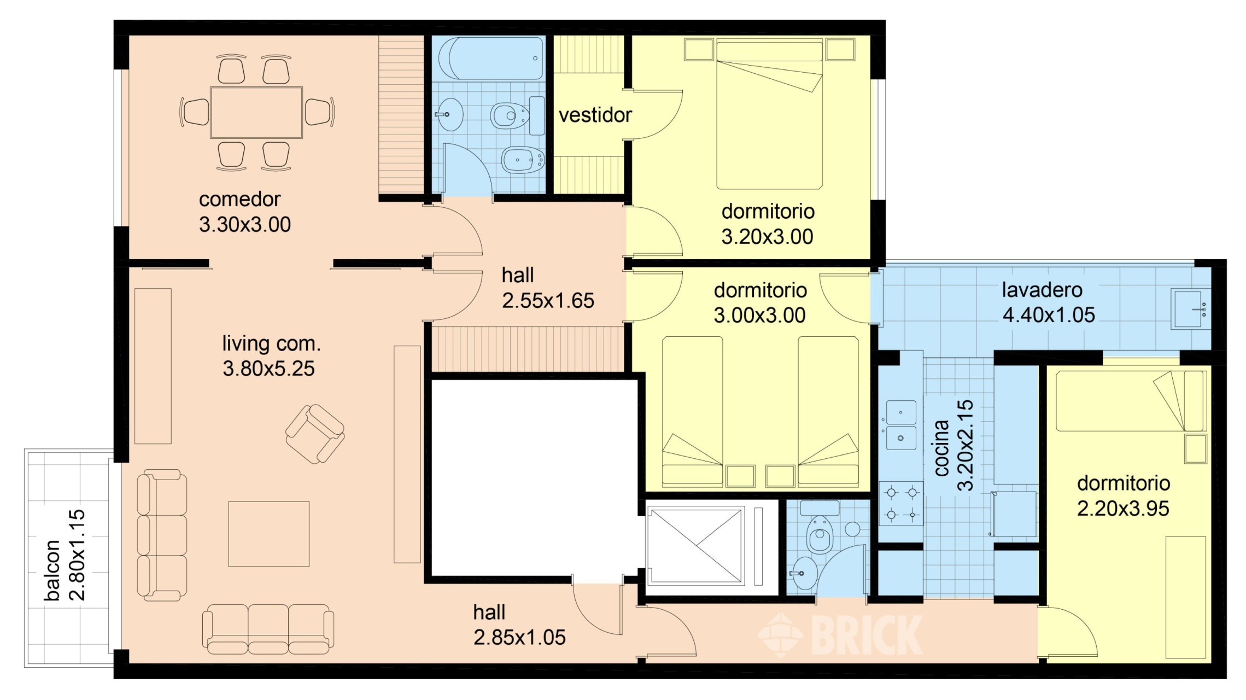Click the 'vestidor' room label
(595, 115)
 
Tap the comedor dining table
(256, 112)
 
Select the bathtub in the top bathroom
(490, 59)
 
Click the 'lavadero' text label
(1042, 290)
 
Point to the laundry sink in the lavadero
(1191, 309)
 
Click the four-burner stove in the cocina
(901, 504)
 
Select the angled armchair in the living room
(315, 434)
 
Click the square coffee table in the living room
(269, 534)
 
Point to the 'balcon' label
(52, 570)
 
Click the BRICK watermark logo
(840, 634)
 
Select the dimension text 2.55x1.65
(548, 300)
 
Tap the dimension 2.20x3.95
(1123, 508)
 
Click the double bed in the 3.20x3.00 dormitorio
(769, 113)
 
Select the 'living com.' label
(271, 343)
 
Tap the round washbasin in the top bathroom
(451, 114)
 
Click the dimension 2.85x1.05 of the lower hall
(519, 637)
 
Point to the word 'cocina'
(940, 448)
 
